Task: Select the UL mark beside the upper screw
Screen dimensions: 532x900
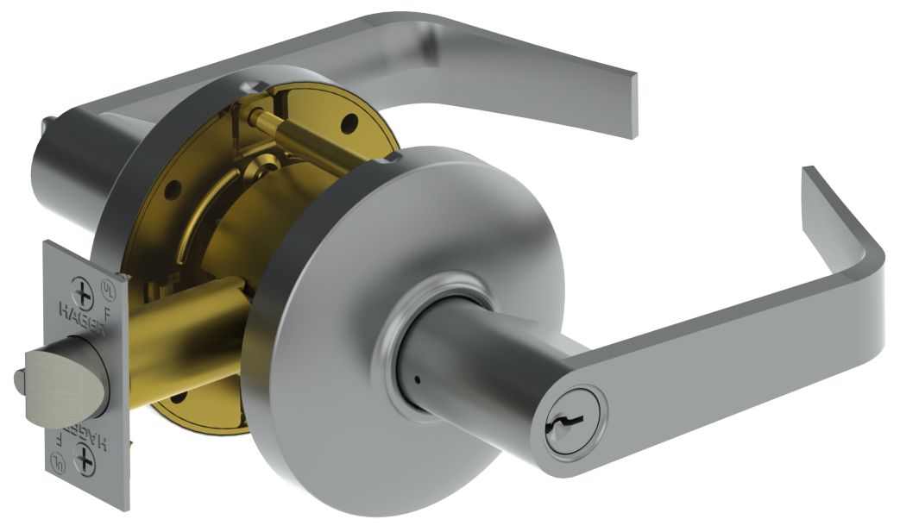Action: pos(108,283)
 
